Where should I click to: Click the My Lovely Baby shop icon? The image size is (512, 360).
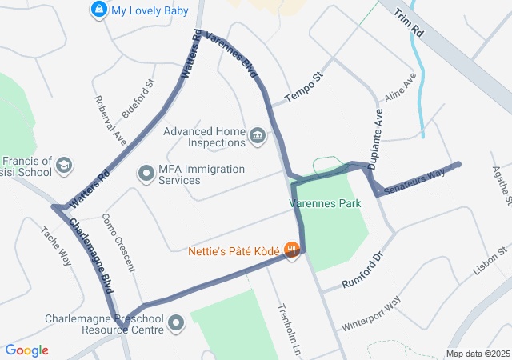point(98,10)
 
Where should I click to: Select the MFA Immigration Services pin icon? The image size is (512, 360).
point(146,173)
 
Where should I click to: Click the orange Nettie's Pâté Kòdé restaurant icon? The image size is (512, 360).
point(292,250)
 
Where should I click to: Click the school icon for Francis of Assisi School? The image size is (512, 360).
point(64,166)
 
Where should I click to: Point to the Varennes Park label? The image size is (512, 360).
point(325,203)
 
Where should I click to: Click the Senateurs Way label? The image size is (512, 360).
point(414,183)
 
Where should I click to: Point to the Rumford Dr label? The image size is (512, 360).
point(363,273)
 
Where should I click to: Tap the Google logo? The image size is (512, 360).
point(26,350)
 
